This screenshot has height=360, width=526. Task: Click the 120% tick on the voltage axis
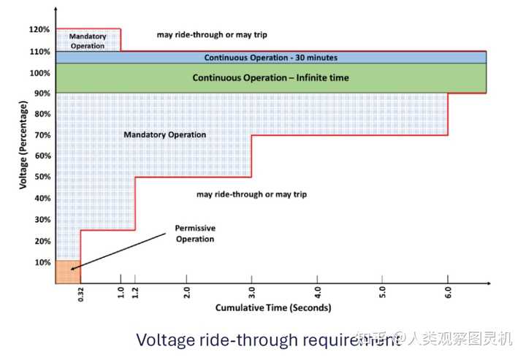point(40,29)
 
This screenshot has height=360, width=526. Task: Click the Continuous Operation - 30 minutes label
point(270,57)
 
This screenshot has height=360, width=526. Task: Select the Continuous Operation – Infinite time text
point(270,77)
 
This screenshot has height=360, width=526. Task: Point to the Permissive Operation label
point(195,233)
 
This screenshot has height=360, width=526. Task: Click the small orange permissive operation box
point(68,272)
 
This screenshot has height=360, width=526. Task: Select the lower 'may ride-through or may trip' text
point(251,194)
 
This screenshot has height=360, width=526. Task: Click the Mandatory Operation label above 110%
point(88,41)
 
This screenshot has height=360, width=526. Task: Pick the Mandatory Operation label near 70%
point(164,134)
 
